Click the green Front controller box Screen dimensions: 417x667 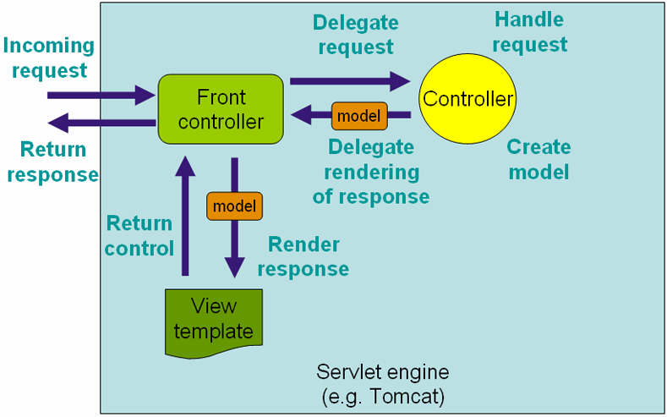coord(221,110)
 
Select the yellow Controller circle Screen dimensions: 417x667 coord(467,100)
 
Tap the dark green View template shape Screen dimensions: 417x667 coord(213,319)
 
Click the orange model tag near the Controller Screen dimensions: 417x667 coord(359,115)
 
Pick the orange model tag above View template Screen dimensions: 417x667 coord(234,206)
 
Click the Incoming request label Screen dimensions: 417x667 coord(48,58)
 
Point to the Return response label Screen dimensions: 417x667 coord(56,162)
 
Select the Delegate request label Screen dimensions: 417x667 coord(355,35)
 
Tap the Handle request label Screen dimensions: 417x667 coord(529,31)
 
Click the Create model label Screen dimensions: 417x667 coord(539,159)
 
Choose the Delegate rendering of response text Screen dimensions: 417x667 coord(371,172)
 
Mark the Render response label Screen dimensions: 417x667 coord(303,256)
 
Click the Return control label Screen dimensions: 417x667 coord(139,236)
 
